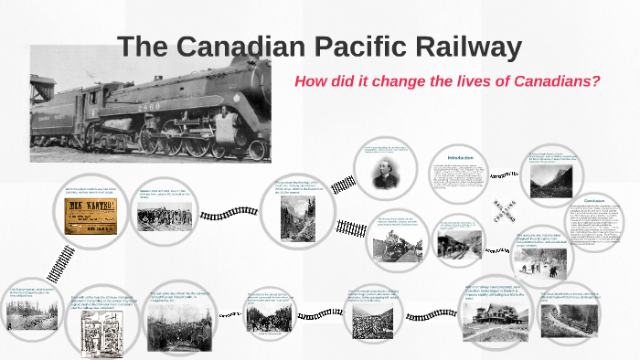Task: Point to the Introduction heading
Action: coord(460,158)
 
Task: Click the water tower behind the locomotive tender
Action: coord(43,87)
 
